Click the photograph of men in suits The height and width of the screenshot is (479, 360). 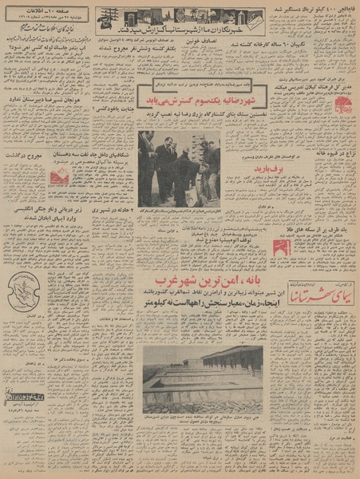tap(178, 168)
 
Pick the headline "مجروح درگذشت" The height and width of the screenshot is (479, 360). tap(22, 156)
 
